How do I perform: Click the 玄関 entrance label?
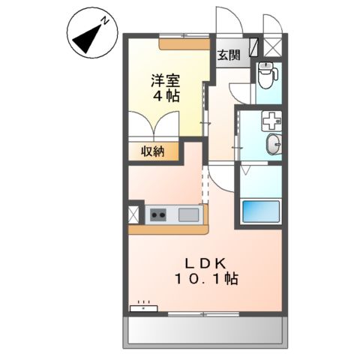[229, 54]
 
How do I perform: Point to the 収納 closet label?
[152, 151]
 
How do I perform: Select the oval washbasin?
[274, 144]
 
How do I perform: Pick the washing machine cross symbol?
[269, 120]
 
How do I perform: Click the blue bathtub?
[260, 212]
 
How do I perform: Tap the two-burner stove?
[159, 216]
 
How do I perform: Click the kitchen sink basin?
[188, 216]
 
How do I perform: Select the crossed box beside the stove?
[134, 215]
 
